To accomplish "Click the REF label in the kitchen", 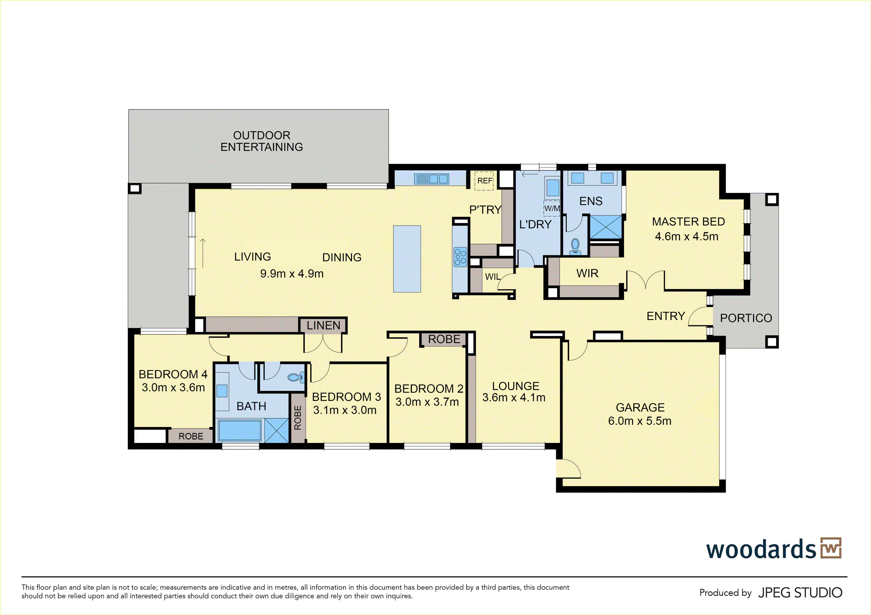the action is coord(485,181).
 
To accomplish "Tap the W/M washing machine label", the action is coord(552,208).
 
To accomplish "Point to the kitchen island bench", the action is coord(407,259).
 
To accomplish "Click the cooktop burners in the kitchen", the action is coord(460,257).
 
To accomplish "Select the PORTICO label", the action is coord(746,318).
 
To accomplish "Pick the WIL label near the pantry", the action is coord(493,277).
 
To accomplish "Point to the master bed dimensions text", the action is coord(687,236).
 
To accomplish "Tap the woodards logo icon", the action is coord(831,548).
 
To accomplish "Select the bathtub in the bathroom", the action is coord(239,430).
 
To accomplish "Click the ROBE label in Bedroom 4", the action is coord(191,436).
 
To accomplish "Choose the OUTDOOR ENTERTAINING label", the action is coord(262,141).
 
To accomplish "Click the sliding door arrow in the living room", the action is coord(203,253).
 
